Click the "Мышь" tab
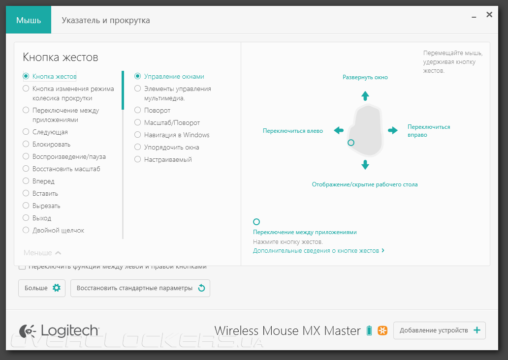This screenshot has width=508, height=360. coord(28,21)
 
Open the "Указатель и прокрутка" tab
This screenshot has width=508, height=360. coord(105,21)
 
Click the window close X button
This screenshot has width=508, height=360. coord(489,15)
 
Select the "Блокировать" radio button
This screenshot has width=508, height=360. coord(26,145)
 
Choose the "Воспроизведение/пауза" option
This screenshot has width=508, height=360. coord(26,157)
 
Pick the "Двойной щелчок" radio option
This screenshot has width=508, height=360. coord(26,230)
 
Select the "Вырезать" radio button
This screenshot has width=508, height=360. coord(26,206)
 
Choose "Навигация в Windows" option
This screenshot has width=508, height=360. coord(138,135)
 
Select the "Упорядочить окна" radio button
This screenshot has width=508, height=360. coord(138,148)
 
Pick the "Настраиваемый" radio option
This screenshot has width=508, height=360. coord(138,160)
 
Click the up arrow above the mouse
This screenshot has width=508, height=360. coord(365,95)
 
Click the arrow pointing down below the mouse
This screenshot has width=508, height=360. coord(365,165)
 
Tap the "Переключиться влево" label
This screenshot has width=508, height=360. coord(293,131)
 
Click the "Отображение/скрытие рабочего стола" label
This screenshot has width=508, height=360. coord(365,184)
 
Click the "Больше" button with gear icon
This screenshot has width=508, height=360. coord(42,288)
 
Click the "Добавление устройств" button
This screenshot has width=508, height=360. coord(439,330)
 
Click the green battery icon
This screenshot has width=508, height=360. coord(370,330)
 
